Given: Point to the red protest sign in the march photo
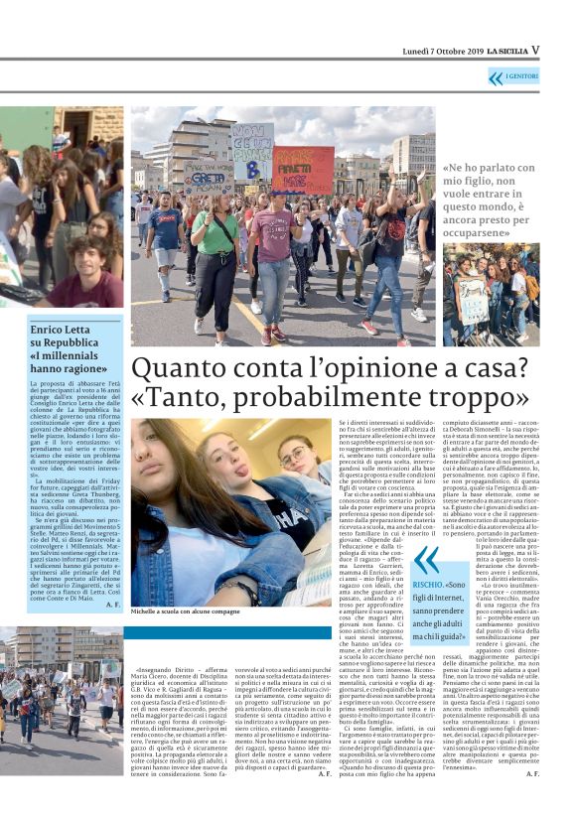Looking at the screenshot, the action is [x=303, y=170].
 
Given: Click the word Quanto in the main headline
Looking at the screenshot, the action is [x=181, y=369].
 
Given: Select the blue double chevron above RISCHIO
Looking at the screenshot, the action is [x=428, y=559].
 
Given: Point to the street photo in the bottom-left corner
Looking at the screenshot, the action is [x=62, y=670].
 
